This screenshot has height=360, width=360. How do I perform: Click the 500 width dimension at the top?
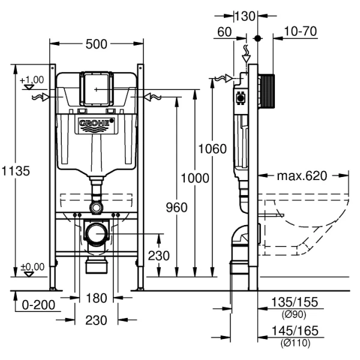tap(96, 44)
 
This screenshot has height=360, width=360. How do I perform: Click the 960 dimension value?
tap(176, 208)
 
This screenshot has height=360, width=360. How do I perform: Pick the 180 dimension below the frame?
tap(96, 298)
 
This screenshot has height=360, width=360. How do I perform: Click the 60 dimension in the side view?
tap(225, 31)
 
